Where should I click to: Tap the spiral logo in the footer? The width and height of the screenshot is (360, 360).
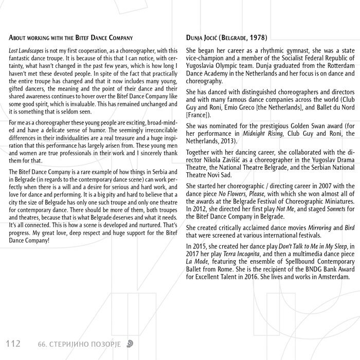pos(132,343)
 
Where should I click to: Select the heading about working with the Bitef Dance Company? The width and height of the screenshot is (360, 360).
pos(71,38)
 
